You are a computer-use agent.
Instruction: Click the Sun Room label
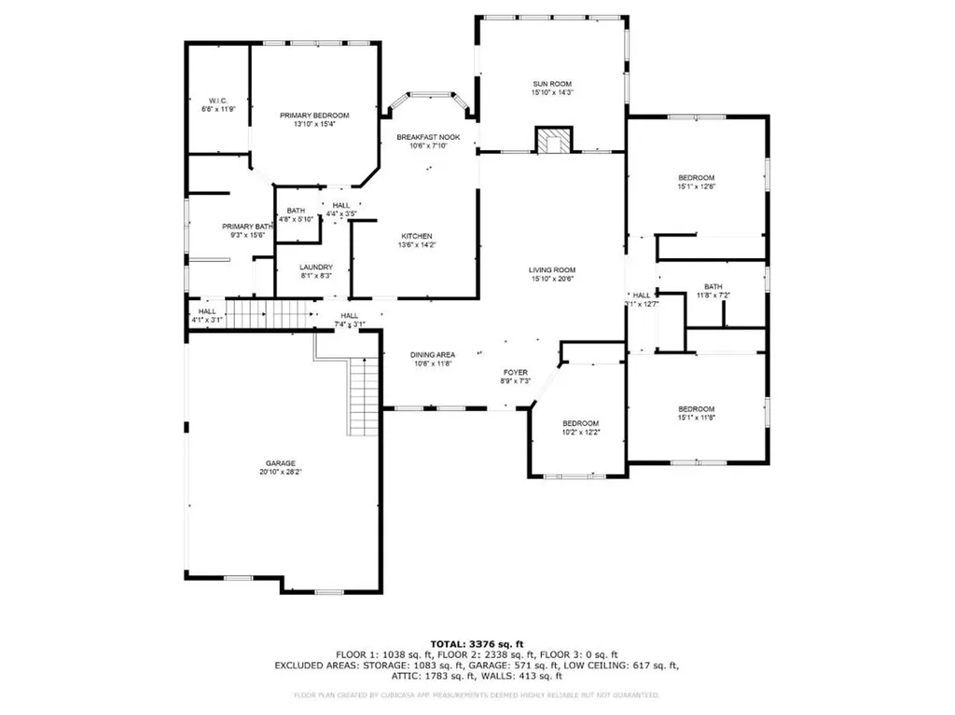551,82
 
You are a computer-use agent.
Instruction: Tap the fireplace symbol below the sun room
551,141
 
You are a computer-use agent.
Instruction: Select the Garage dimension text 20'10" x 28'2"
280,473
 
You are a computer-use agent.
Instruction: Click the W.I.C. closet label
218,100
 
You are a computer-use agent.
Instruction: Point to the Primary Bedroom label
314,116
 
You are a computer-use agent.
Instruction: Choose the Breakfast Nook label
428,137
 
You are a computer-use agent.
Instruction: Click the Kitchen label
417,236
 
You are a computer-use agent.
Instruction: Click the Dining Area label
433,354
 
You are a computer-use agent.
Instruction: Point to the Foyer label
517,372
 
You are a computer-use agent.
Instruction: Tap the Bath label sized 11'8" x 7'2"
713,286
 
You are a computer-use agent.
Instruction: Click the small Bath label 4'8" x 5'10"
297,211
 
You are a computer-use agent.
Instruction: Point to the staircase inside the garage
364,396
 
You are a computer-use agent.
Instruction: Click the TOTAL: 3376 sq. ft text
477,643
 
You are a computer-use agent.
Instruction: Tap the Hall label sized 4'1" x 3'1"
207,312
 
